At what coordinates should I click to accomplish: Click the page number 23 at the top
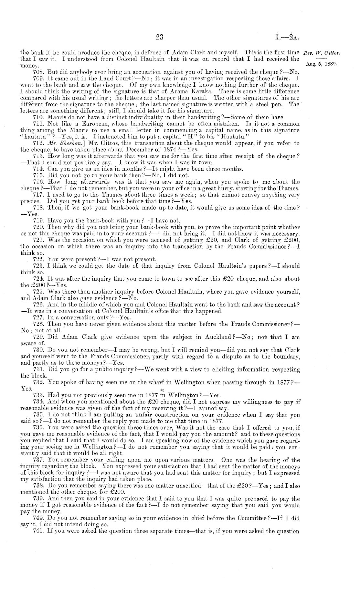tap(160, 37)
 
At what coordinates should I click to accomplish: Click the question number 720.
tap(38, 228)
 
